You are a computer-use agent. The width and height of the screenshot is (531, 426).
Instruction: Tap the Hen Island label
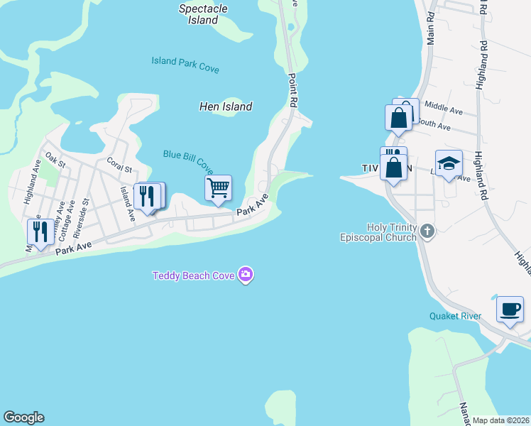(225, 106)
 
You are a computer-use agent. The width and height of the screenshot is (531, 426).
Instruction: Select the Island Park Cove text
(185, 65)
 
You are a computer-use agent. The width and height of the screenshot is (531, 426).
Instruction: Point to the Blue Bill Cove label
(188, 161)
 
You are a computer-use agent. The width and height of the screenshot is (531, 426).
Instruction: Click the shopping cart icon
(219, 188)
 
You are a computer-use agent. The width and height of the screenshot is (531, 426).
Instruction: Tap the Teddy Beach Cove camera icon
(246, 275)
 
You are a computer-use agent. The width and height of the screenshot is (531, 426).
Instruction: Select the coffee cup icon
(510, 309)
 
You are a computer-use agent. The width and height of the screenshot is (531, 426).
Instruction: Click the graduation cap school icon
(449, 163)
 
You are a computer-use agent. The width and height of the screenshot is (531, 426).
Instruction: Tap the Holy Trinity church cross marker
(427, 230)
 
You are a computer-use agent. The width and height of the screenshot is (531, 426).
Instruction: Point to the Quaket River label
(455, 316)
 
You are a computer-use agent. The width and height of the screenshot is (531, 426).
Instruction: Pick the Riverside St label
(84, 212)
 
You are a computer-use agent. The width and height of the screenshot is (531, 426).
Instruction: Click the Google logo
(23, 417)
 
